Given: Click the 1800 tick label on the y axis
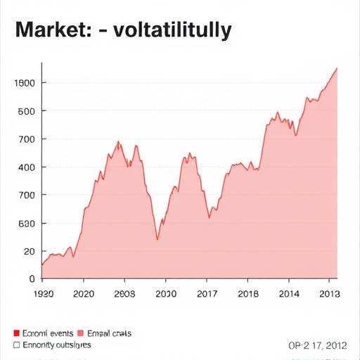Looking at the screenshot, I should [x=25, y=83].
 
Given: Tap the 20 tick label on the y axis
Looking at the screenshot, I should [x=28, y=251].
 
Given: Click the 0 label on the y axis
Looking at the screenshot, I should [x=32, y=278].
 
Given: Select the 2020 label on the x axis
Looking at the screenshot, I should [x=84, y=294].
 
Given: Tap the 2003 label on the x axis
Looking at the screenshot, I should [x=124, y=294].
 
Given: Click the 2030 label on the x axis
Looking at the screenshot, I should [x=166, y=294].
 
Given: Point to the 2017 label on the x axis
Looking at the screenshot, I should [x=206, y=294].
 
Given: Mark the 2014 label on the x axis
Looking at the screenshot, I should [x=288, y=294].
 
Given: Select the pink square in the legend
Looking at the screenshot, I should [x=80, y=334].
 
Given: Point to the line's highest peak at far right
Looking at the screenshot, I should [x=337, y=68].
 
